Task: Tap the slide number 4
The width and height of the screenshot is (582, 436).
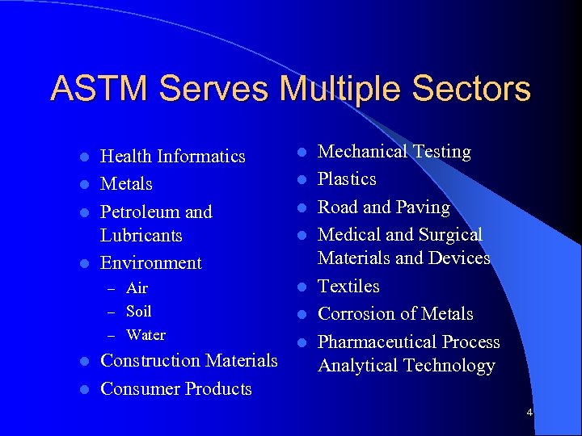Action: click(529, 413)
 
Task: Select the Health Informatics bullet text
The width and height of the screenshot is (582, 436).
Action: click(172, 156)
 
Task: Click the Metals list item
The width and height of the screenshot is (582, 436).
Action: click(126, 183)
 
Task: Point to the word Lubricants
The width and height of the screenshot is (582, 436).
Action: click(141, 235)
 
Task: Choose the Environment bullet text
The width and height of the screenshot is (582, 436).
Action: click(151, 262)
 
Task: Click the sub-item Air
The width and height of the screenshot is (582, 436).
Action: click(137, 288)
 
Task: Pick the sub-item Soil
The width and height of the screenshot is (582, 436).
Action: click(139, 311)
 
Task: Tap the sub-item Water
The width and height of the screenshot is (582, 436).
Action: click(146, 334)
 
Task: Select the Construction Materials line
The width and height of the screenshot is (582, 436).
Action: click(188, 360)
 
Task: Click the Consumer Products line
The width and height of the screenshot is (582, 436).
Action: click(175, 388)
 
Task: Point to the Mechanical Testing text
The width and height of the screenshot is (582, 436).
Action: click(394, 151)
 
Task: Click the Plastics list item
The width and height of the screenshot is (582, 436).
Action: click(347, 178)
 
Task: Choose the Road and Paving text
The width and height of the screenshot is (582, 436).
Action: click(384, 207)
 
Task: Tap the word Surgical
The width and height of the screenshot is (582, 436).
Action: click(450, 234)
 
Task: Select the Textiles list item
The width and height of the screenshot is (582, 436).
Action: click(348, 286)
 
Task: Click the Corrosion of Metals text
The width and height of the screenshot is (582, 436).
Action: click(395, 313)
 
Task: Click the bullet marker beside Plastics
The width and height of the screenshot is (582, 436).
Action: click(299, 179)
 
